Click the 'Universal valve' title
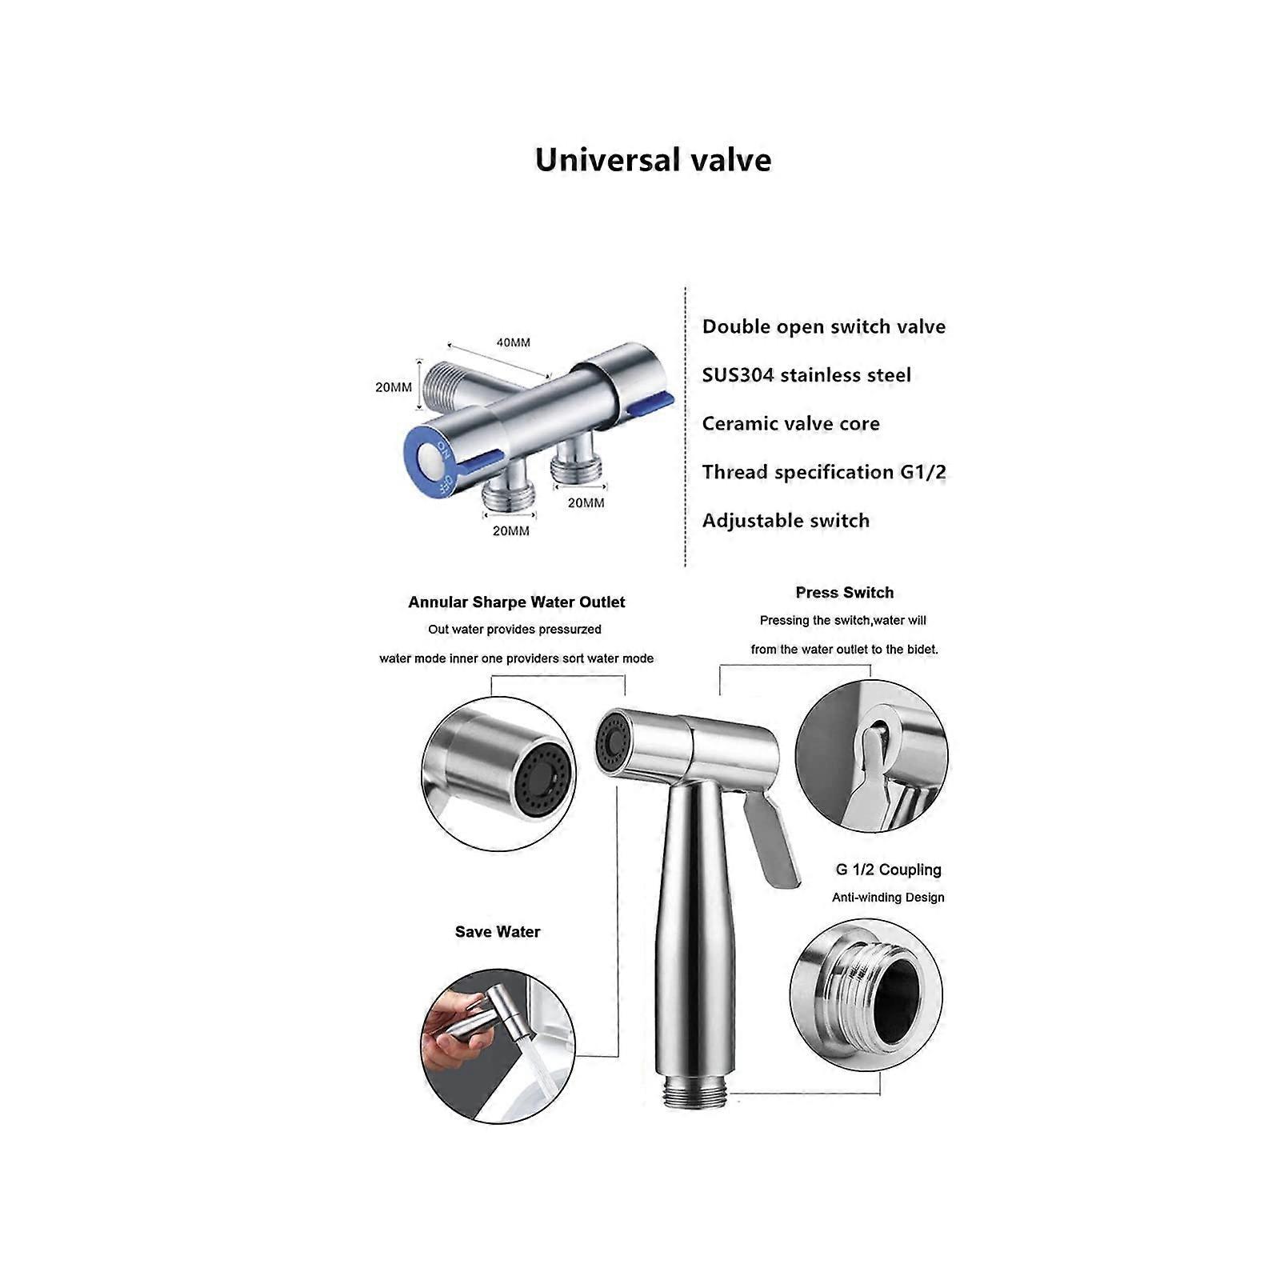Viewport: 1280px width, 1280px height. click(653, 160)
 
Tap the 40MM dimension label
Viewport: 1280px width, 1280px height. click(513, 342)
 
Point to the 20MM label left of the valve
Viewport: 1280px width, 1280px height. click(394, 387)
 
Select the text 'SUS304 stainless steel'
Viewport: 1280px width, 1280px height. click(806, 375)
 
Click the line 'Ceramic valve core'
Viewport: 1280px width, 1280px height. click(790, 424)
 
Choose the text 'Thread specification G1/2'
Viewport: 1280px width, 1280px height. click(824, 472)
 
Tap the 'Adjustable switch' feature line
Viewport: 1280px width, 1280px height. click(786, 521)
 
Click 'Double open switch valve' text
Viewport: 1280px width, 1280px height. click(823, 326)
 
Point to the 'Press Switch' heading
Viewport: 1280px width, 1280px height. click(844, 593)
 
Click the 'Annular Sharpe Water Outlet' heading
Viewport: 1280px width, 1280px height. click(516, 602)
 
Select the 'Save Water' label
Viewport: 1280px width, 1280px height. click(497, 932)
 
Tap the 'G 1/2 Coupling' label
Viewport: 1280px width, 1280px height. click(888, 870)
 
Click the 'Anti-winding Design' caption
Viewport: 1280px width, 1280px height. click(888, 898)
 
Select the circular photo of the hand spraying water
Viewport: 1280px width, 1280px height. click(498, 1046)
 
